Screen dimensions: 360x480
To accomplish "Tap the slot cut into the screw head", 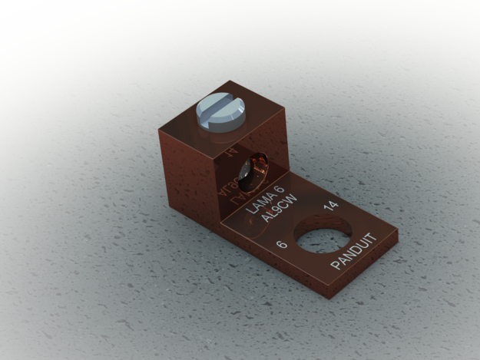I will tap(221, 112).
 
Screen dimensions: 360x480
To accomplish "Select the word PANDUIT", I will tap(358, 251).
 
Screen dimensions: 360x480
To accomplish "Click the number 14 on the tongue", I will tap(331, 206).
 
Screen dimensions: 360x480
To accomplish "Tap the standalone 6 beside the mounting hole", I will tap(281, 245).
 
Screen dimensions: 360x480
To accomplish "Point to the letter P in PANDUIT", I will tap(336, 266).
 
